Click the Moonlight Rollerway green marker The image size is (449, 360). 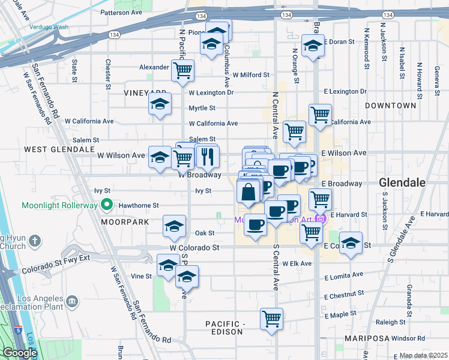[107, 205]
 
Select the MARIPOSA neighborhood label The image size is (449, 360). [366, 339]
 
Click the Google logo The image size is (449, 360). [20, 353]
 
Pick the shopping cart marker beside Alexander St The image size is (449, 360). [182, 70]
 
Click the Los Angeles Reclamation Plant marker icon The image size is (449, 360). [72, 300]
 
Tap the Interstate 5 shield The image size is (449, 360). [19, 329]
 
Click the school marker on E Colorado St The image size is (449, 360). [351, 243]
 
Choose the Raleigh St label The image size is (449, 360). [387, 322]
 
